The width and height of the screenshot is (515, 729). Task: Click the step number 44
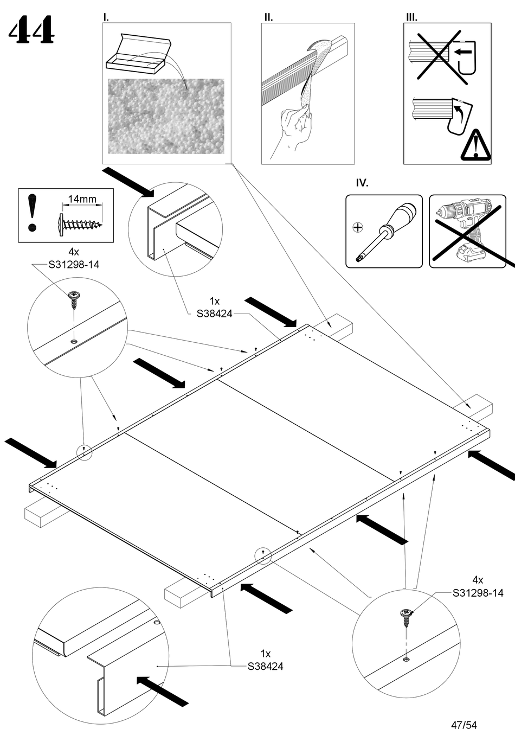point(31,30)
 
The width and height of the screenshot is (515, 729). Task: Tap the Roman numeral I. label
point(106,17)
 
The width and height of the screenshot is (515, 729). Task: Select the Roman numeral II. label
point(268,17)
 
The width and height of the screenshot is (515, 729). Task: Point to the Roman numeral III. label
point(411,17)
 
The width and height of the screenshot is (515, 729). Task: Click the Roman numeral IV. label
point(362,183)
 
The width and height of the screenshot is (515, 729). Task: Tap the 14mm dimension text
point(82,200)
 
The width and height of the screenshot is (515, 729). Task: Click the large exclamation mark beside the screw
point(33,212)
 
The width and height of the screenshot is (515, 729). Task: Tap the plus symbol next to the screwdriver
point(358,227)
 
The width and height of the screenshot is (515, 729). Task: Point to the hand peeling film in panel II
point(293,127)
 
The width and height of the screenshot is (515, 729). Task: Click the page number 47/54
point(463,724)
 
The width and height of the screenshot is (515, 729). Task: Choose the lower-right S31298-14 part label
point(478,593)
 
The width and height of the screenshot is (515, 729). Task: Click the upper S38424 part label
point(214,313)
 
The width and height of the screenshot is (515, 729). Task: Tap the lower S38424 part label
point(265,666)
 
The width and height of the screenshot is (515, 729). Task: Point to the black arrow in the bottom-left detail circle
point(162,690)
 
